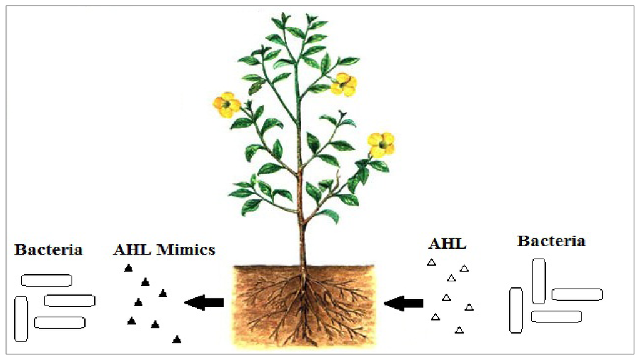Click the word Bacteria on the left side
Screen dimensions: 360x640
[x=49, y=250]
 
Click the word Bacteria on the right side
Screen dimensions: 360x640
[x=551, y=241]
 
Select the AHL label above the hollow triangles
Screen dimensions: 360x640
[x=447, y=244]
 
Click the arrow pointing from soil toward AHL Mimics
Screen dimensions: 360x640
[x=204, y=303]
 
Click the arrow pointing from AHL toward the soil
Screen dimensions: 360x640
[x=403, y=304]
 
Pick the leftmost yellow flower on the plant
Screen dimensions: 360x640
[x=226, y=104]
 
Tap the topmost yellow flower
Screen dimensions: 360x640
[x=343, y=84]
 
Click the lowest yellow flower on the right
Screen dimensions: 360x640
[x=381, y=144]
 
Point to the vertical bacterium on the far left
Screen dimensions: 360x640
[x=21, y=319]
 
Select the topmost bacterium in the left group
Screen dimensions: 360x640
[x=47, y=281]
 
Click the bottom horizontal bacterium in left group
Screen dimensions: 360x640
[x=59, y=322]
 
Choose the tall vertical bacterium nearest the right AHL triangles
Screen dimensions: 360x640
[x=539, y=281]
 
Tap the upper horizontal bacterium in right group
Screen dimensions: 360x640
[x=577, y=294]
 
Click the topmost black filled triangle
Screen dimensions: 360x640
[x=128, y=268]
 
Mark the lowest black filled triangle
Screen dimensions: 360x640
[x=177, y=339]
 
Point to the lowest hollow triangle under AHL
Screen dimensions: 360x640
[x=459, y=330]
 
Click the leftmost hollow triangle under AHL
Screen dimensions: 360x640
[x=431, y=263]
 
